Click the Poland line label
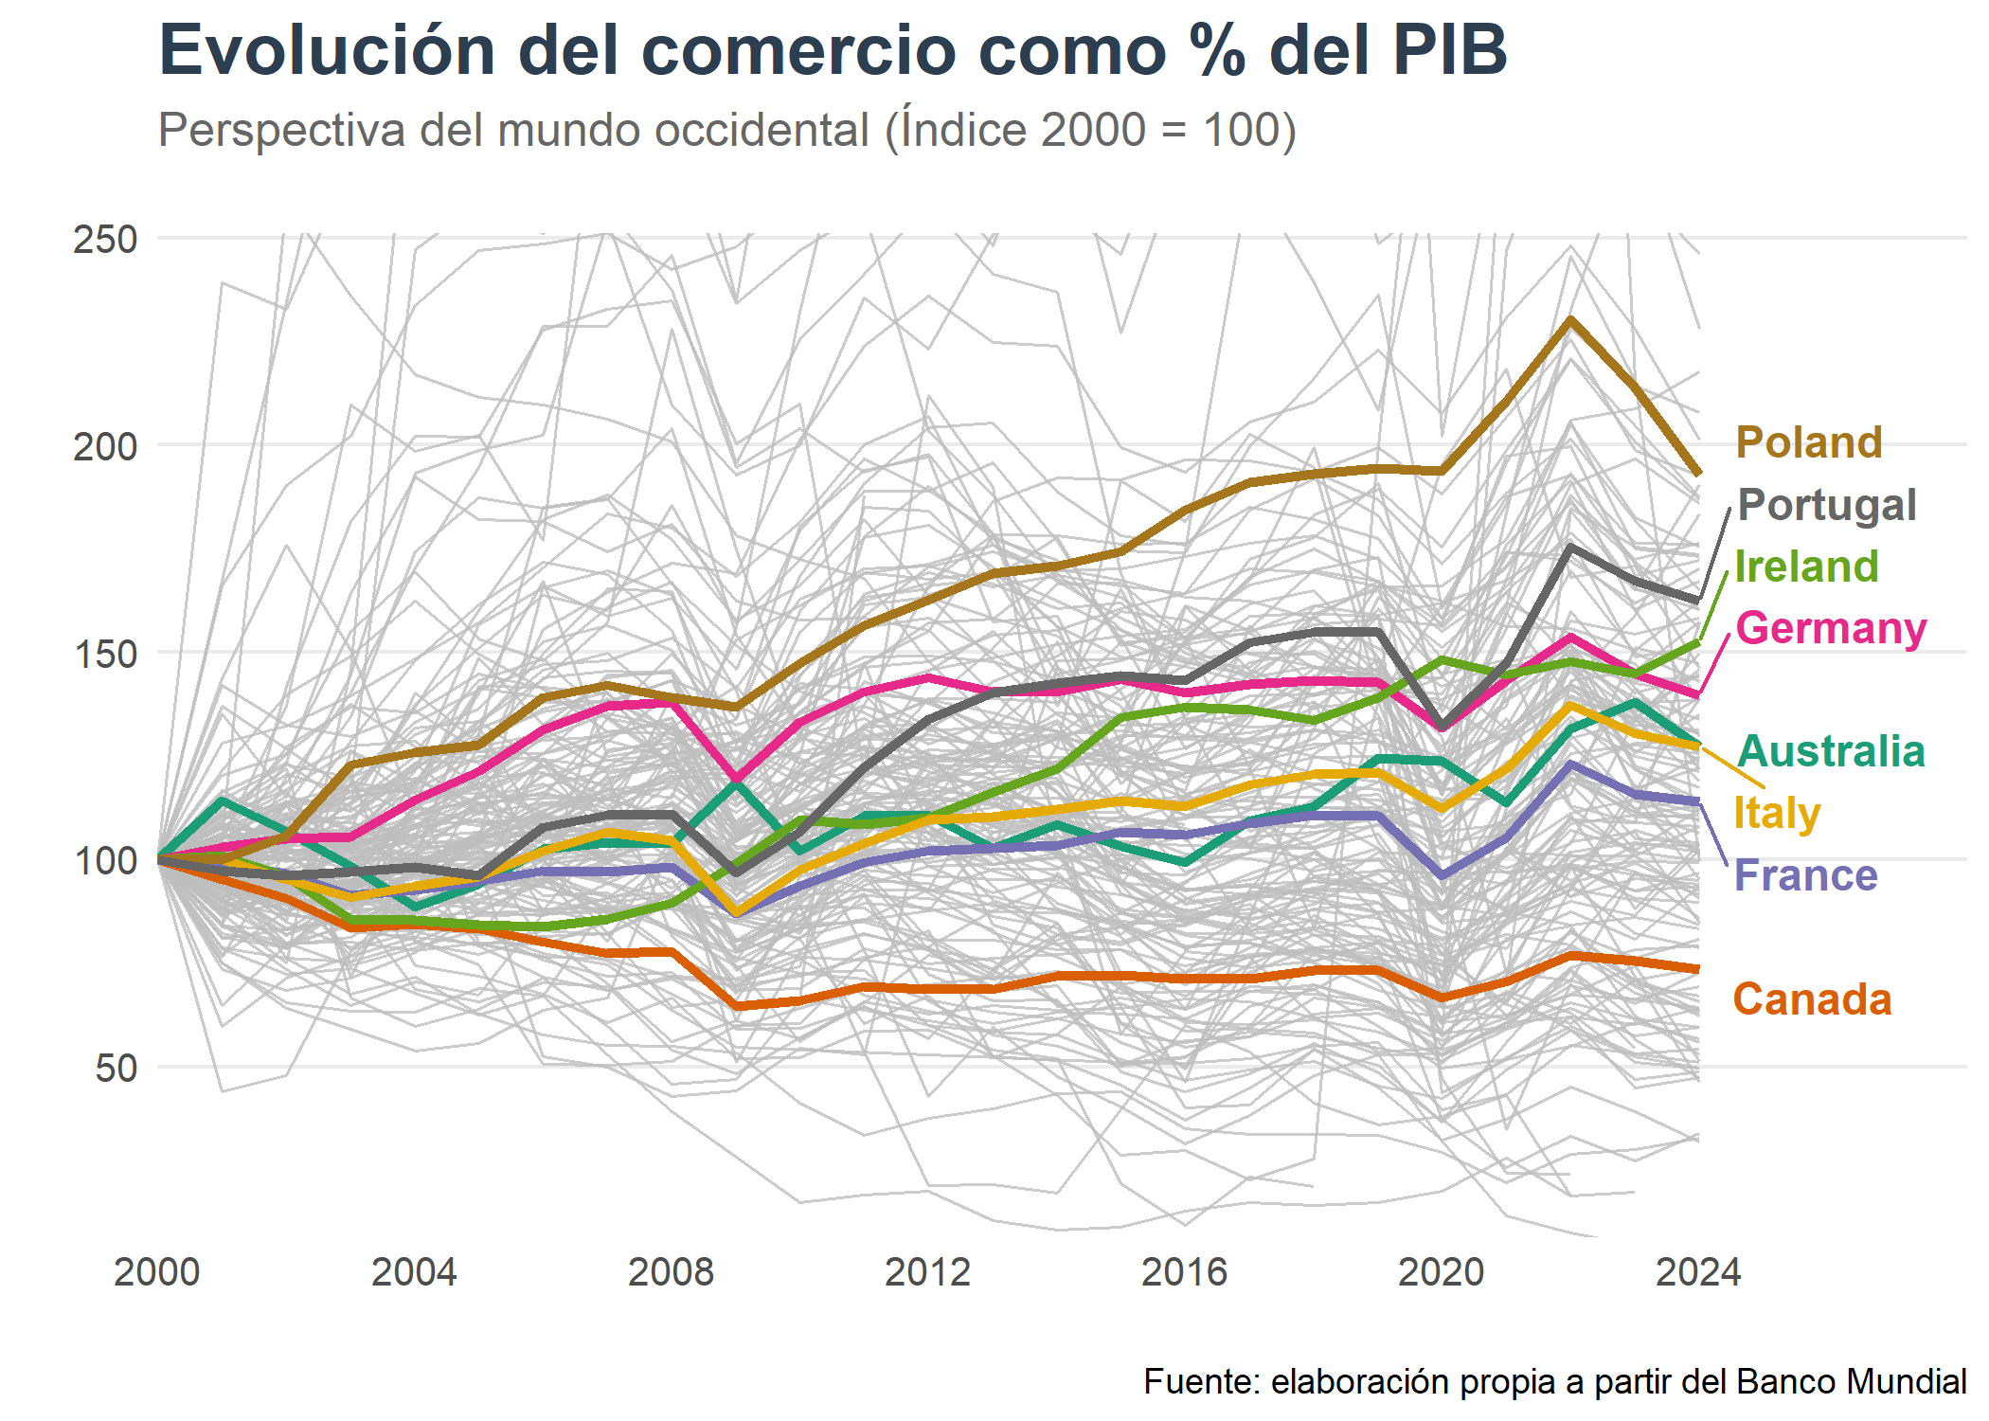[1808, 442]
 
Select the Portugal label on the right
[1827, 505]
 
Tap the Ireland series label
[1806, 567]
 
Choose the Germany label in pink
[1831, 628]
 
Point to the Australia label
[1831, 751]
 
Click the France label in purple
[1805, 875]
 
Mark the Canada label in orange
[1812, 999]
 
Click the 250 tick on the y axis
[105, 239]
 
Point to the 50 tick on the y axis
[116, 1068]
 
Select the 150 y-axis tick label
[105, 654]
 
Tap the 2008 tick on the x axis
[671, 1271]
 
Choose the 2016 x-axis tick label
[1184, 1271]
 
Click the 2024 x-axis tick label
[1697, 1271]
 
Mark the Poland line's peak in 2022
[1570, 320]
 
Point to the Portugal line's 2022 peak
[1570, 547]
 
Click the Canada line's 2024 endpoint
[1698, 969]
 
